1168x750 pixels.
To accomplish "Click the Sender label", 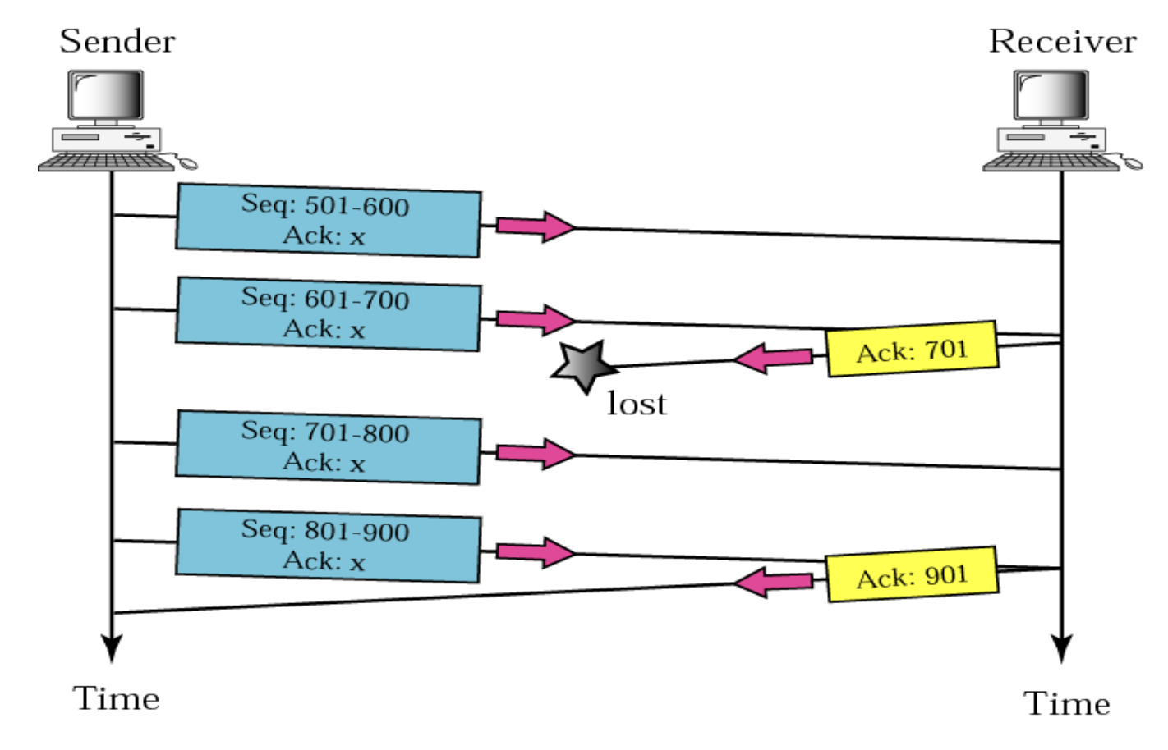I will tap(117, 41).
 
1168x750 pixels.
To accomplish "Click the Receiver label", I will tap(1062, 41).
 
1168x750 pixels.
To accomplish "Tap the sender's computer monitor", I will tap(106, 95).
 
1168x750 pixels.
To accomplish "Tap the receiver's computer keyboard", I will tap(1051, 162).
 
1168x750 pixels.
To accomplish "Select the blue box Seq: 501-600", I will tap(328, 221).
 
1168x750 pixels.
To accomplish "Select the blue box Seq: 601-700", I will tap(328, 314).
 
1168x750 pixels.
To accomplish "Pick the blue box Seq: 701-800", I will tap(328, 448).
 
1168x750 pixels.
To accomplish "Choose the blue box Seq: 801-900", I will tap(328, 546).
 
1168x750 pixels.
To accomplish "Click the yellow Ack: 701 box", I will tap(912, 350).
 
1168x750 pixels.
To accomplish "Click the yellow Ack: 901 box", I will tap(912, 575).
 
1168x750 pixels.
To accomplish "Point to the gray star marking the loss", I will tap(583, 366).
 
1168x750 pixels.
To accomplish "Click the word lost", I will tap(637, 404).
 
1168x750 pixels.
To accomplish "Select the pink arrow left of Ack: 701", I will tap(772, 358).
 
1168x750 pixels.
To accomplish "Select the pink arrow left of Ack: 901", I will tap(772, 583).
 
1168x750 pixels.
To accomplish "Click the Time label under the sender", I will tap(117, 699).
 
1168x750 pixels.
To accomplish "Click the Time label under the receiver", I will tap(1066, 704).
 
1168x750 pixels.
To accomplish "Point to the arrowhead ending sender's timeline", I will tap(111, 648).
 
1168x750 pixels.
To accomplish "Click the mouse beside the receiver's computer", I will tap(1133, 163).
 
